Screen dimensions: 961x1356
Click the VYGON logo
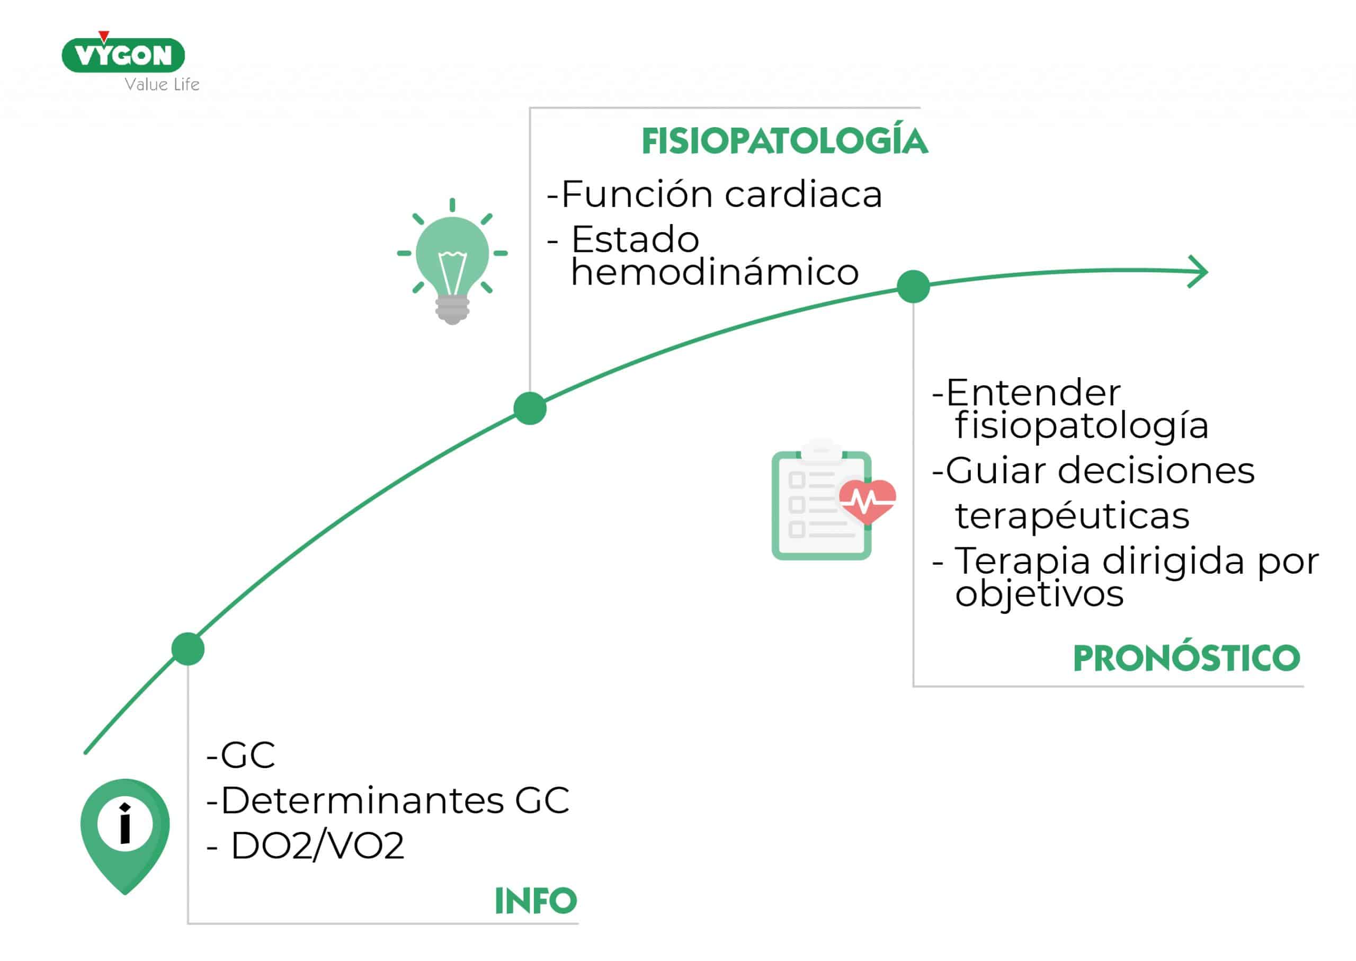click(123, 55)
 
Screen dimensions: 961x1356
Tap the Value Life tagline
click(162, 85)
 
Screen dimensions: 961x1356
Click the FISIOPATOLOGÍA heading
click(784, 141)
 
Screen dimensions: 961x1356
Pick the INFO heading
click(536, 901)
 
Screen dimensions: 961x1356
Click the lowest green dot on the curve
click(188, 649)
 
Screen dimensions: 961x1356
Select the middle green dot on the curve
click(530, 408)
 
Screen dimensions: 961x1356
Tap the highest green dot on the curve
click(913, 287)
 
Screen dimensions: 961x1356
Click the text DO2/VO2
click(317, 846)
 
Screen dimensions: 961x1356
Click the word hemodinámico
click(715, 272)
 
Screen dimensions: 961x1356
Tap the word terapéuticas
click(1072, 515)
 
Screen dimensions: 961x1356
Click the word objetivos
click(1039, 593)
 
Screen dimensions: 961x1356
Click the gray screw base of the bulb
click(452, 310)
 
